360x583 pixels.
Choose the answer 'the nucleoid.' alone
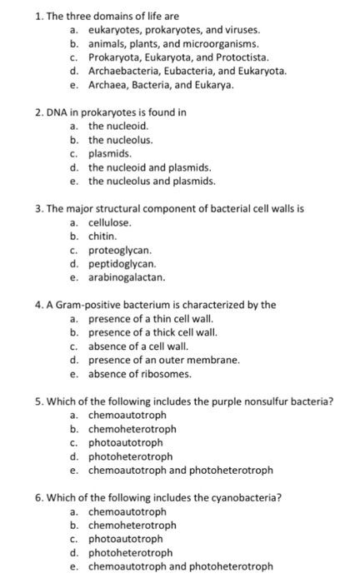tap(118, 126)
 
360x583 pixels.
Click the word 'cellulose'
tap(111, 222)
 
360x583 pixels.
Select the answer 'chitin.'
tap(103, 236)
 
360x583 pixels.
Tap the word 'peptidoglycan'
tap(122, 263)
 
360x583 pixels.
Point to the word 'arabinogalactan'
tap(126, 277)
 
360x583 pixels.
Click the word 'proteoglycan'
tap(120, 250)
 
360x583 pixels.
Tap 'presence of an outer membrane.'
tap(163, 360)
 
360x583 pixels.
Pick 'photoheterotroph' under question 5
tap(130, 456)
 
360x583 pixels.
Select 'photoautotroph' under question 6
tap(125, 539)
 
